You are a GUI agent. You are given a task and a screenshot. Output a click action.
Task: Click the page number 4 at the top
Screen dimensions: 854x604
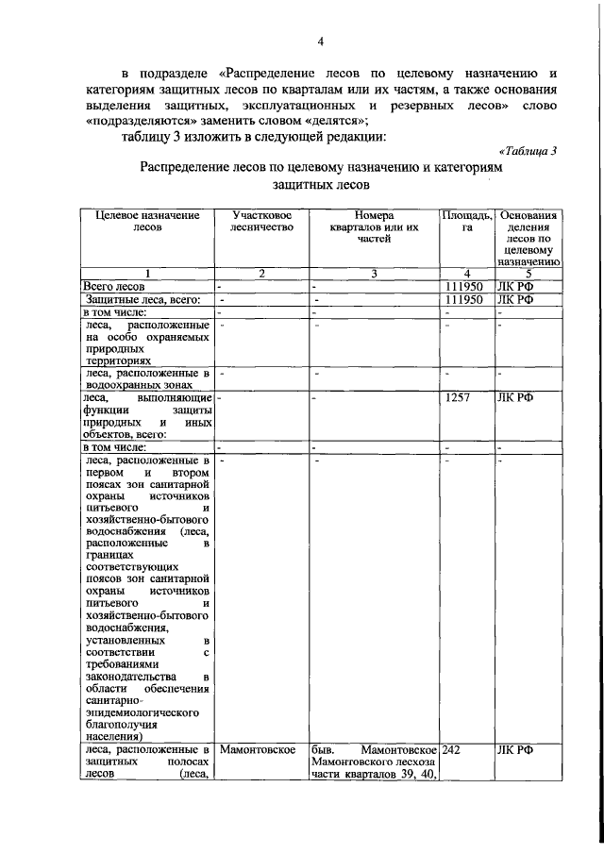coord(320,42)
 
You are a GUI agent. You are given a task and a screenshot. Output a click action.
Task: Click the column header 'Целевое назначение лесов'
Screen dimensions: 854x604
coord(148,222)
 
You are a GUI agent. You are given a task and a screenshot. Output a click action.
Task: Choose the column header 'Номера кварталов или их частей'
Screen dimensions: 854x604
coord(374,227)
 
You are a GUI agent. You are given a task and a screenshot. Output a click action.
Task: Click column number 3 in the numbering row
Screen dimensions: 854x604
coord(374,275)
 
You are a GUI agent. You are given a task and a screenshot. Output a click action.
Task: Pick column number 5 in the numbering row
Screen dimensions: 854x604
coord(528,275)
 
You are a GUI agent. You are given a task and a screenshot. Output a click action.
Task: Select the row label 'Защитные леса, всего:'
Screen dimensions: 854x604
coord(132,299)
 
